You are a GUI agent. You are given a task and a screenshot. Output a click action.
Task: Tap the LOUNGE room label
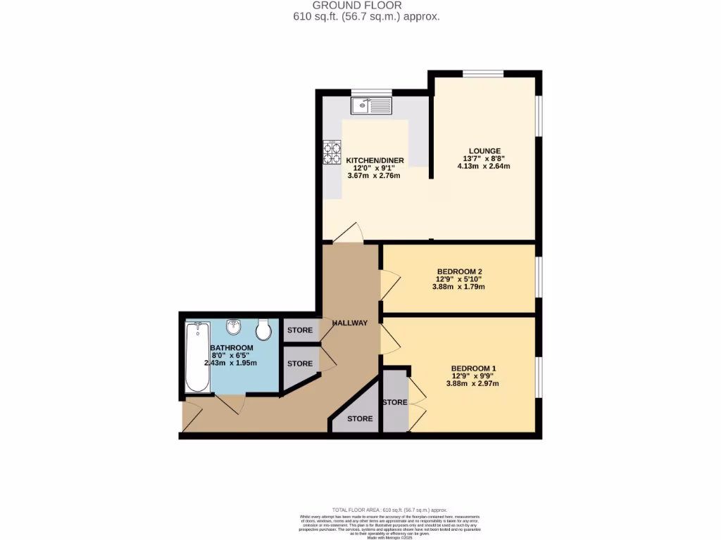(x=485, y=150)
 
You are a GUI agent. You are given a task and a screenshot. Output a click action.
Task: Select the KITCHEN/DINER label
(x=374, y=160)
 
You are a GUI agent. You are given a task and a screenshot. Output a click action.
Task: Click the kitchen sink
(x=372, y=106)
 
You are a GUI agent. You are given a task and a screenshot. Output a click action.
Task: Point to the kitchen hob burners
(x=331, y=153)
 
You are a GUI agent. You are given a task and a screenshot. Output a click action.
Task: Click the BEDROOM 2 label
(x=459, y=271)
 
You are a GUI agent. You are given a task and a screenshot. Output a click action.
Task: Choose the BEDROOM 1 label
(x=475, y=368)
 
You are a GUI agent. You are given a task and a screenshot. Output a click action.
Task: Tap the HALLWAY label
(x=350, y=323)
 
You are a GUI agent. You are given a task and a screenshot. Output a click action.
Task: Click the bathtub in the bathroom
(x=196, y=356)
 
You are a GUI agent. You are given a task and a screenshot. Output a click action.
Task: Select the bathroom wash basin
(x=234, y=328)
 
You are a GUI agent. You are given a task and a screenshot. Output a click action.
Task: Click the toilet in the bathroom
(x=264, y=329)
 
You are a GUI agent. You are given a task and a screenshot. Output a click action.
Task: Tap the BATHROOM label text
(x=232, y=348)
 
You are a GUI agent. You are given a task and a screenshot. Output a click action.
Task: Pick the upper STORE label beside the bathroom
(x=299, y=329)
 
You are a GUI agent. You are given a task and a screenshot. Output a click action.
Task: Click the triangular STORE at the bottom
(x=360, y=418)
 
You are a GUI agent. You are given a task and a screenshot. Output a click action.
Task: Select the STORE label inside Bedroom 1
(x=394, y=402)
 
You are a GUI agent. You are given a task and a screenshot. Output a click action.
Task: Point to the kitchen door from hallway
(x=349, y=234)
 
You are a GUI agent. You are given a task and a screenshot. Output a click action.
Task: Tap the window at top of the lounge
(x=483, y=73)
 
